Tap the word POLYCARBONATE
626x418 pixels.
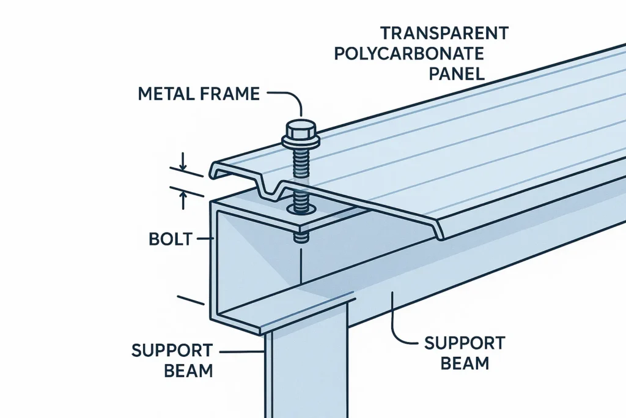click(409, 53)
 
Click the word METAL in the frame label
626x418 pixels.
click(165, 94)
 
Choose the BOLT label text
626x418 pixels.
click(168, 239)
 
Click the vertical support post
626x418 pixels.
click(306, 373)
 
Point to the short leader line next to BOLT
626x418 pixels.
click(202, 239)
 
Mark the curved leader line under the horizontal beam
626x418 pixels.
click(400, 327)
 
